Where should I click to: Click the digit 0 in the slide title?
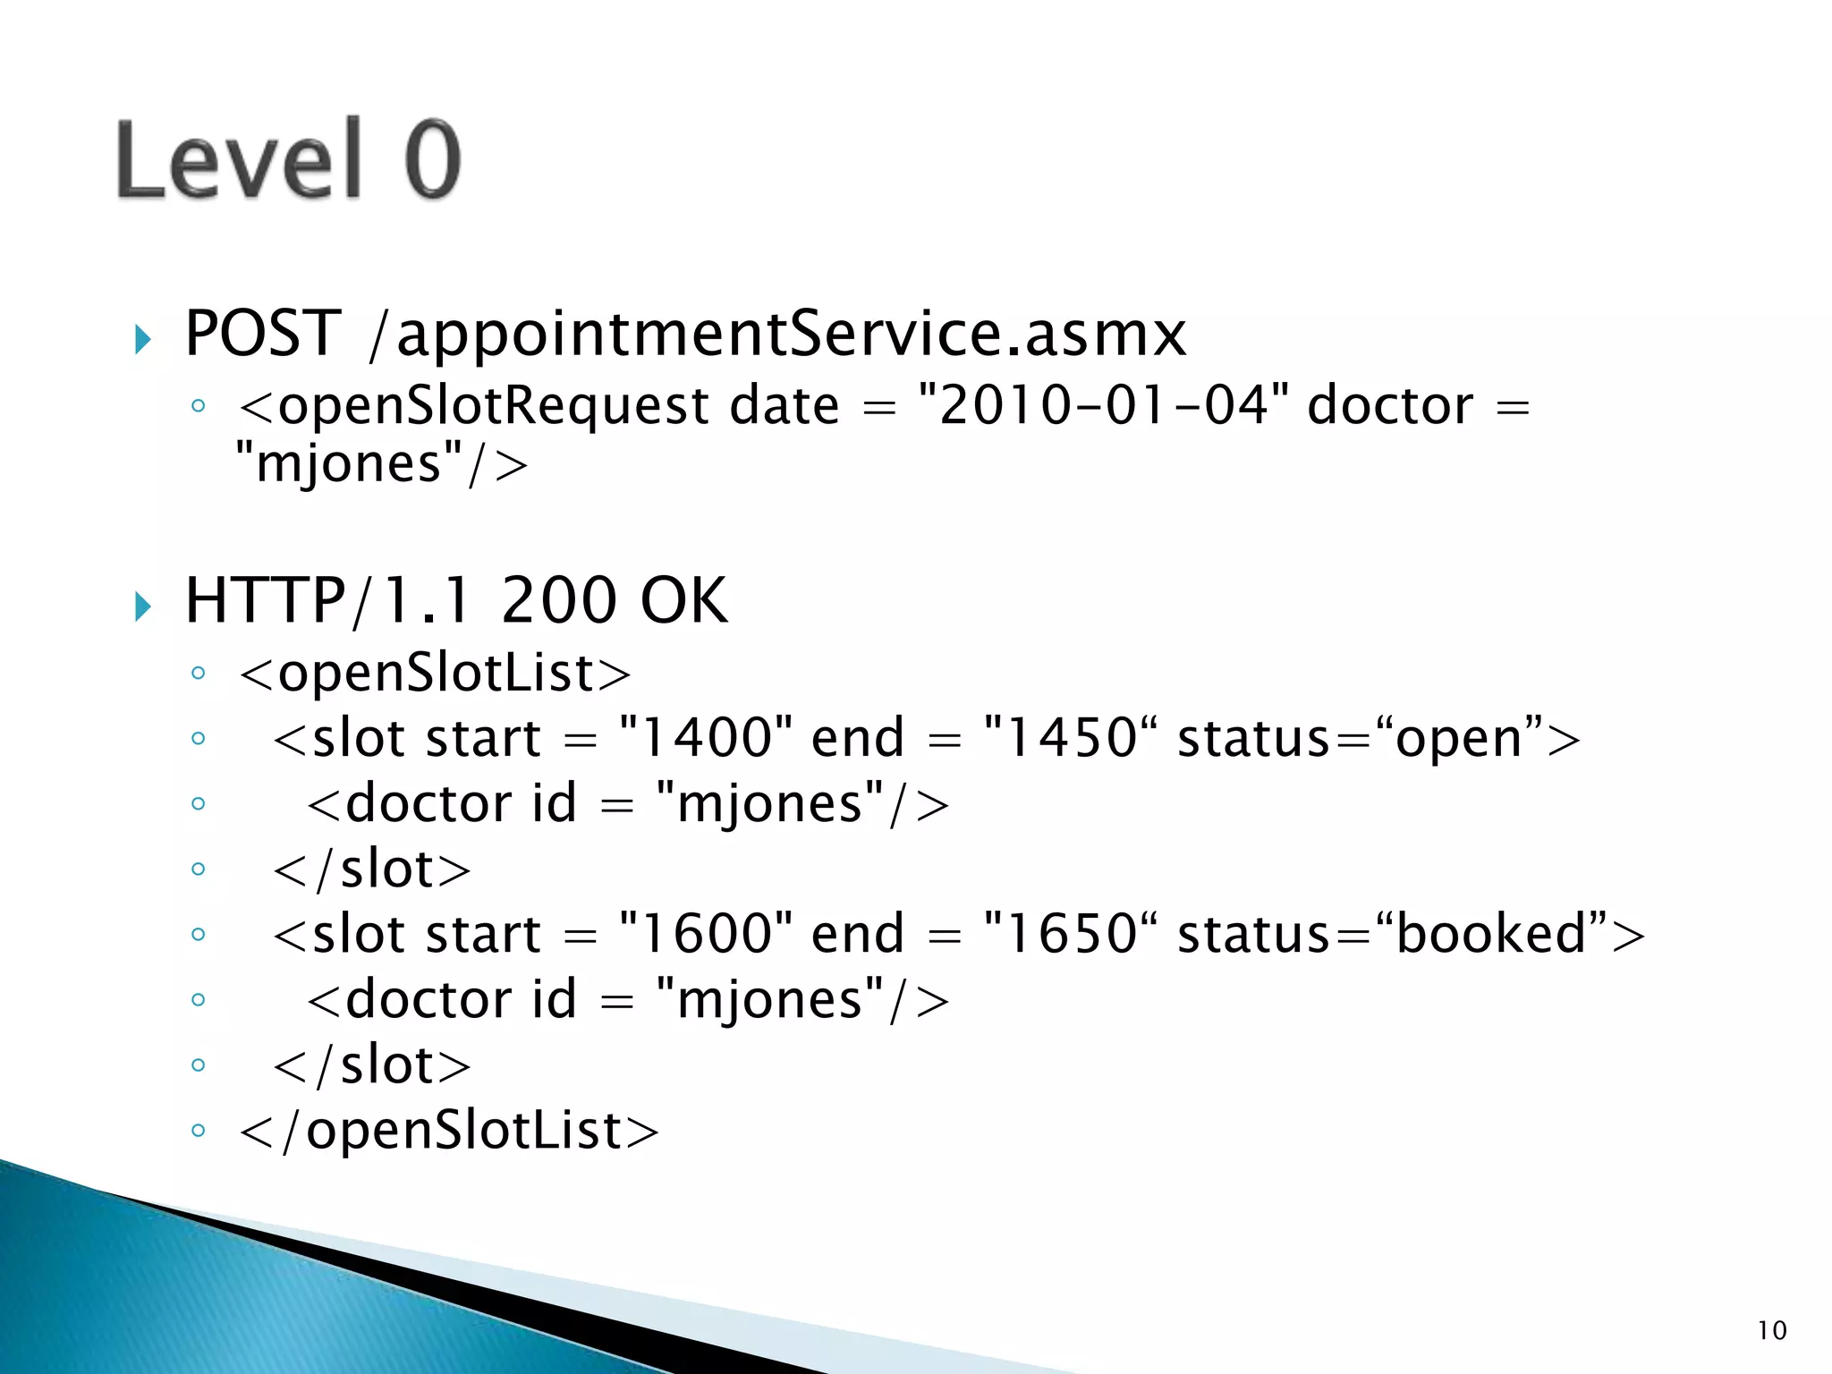[432, 159]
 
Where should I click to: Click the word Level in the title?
[240, 159]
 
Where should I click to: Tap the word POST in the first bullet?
[262, 334]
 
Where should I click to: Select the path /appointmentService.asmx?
[776, 334]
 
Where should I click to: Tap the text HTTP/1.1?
[327, 600]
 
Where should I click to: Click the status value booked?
[1491, 935]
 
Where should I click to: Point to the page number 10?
[1771, 1330]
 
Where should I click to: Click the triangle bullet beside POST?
[142, 339]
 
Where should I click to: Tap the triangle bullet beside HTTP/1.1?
[142, 606]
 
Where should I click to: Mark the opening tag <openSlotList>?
[436, 674]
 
